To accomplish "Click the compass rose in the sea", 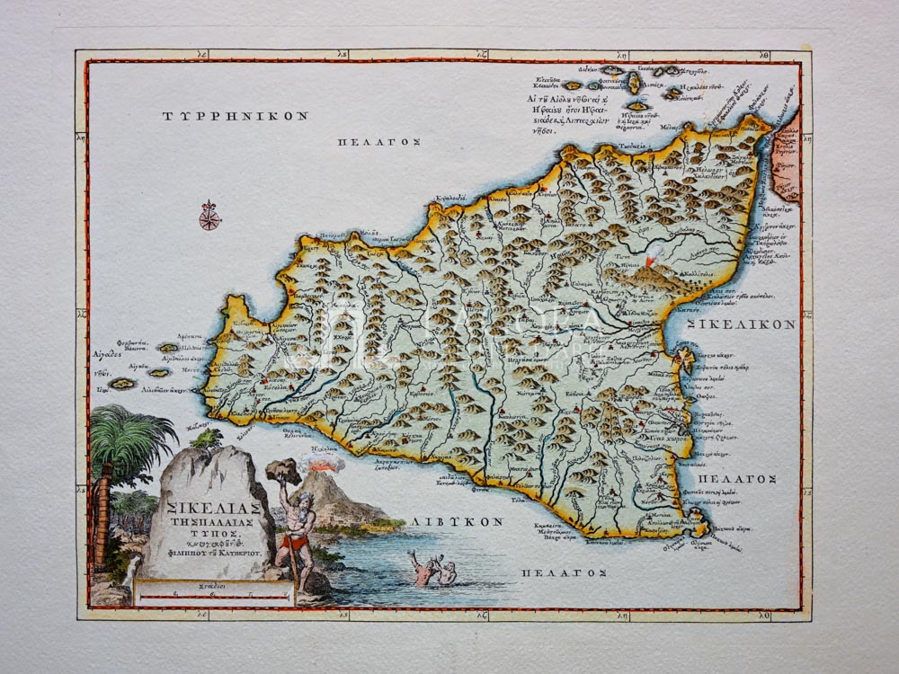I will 209,216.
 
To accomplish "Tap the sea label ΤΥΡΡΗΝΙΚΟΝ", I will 236,116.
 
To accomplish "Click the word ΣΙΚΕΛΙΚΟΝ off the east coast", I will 742,324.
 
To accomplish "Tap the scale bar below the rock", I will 213,594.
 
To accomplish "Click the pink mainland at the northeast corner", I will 785,157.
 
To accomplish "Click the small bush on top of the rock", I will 209,438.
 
